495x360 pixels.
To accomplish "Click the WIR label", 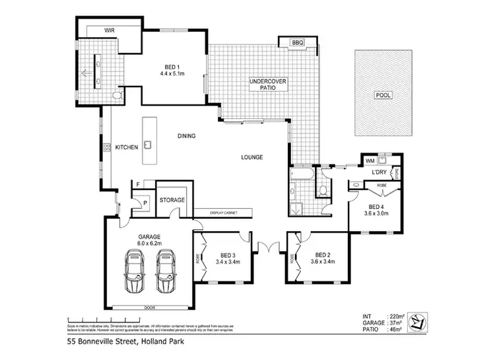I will [110, 30].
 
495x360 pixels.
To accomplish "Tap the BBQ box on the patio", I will [297, 43].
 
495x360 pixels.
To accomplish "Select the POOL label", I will [383, 95].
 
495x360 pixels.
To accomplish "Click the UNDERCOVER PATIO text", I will [266, 86].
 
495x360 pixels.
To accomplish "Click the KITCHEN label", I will [127, 147].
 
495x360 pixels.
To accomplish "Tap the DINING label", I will [187, 136].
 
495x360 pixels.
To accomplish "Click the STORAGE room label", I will [172, 199].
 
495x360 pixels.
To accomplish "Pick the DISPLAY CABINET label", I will [224, 213].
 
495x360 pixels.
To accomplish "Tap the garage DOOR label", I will [149, 308].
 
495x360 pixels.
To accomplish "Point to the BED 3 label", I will [227, 255].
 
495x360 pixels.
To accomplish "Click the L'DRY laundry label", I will [379, 172].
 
